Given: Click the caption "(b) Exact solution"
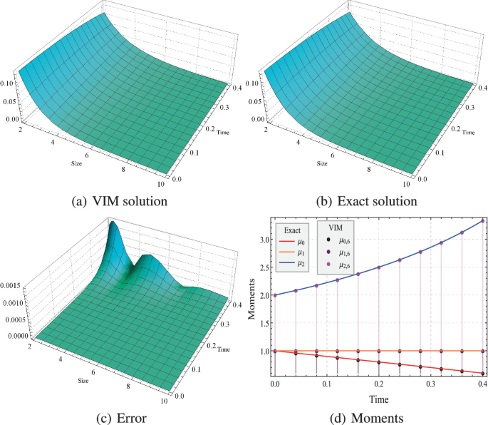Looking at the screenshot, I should click(x=366, y=201).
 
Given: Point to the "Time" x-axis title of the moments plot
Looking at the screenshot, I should click(x=379, y=401).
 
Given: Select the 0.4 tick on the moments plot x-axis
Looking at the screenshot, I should click(x=482, y=384).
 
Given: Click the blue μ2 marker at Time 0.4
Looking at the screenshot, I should click(x=482, y=221).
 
